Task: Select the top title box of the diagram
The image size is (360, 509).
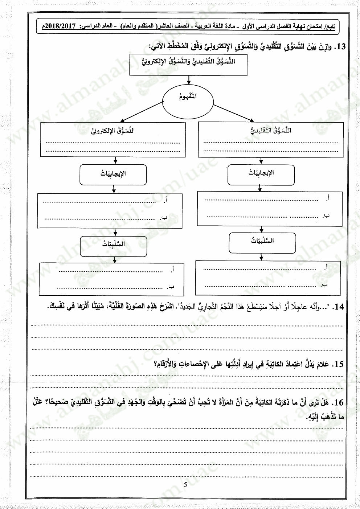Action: [188, 65]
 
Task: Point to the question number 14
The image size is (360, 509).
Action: [339, 307]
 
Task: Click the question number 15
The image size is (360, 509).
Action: [338, 364]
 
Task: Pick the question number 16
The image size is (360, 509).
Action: [339, 402]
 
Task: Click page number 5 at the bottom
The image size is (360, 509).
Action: [185, 485]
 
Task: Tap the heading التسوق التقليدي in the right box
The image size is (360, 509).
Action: [270, 130]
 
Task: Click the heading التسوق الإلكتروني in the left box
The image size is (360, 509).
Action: [113, 130]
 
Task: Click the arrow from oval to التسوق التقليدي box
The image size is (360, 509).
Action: [234, 113]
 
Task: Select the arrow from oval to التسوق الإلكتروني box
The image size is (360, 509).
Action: [142, 111]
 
